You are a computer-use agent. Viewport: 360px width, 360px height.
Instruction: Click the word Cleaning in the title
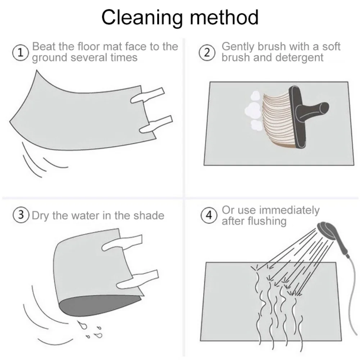click(142, 18)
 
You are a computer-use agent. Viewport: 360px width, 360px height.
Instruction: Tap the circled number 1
click(20, 53)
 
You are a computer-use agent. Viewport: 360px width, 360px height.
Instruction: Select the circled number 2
click(207, 53)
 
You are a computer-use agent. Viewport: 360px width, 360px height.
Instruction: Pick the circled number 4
click(209, 215)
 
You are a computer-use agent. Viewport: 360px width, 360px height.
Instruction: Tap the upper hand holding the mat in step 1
click(147, 95)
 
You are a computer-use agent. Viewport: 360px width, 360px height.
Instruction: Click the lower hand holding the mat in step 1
click(156, 124)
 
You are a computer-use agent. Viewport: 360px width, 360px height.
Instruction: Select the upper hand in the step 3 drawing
click(122, 243)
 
